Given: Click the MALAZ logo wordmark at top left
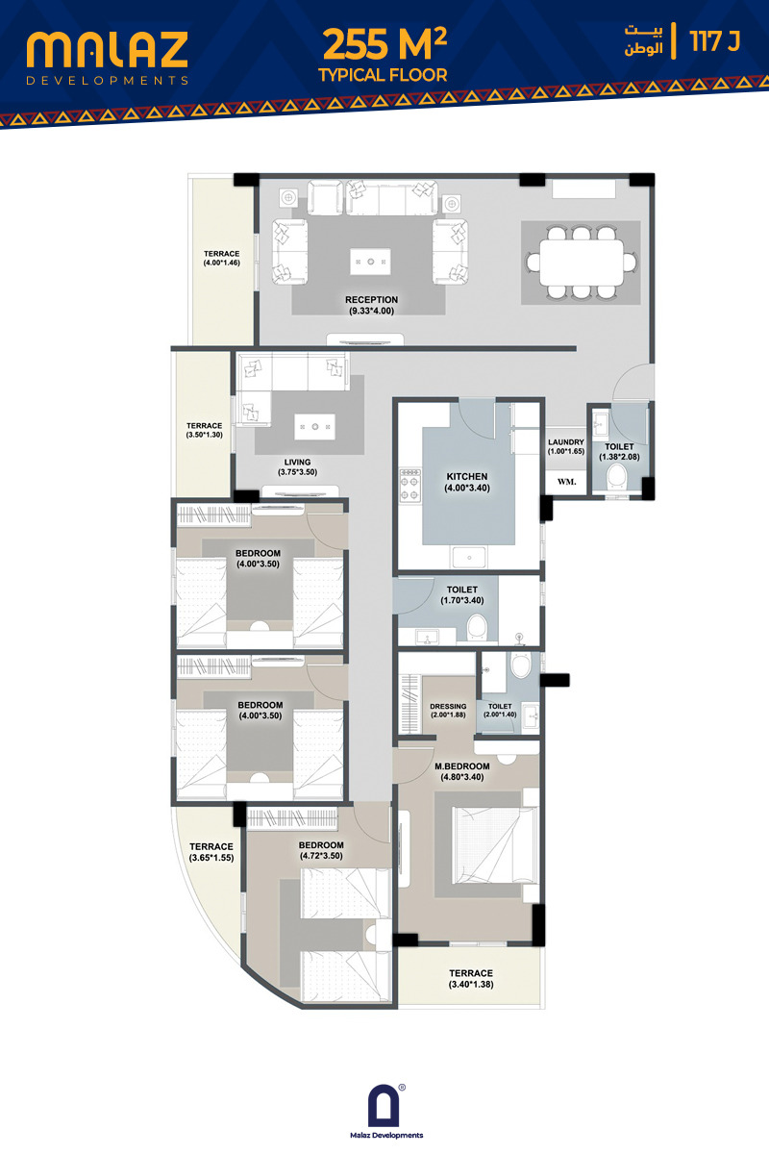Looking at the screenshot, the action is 107,50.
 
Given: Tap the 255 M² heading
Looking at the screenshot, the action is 384,44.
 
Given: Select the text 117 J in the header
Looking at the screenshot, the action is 715,41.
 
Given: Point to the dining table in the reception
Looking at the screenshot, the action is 581,262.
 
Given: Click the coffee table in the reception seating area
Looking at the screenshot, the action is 370,262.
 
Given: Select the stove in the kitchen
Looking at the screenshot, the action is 410,486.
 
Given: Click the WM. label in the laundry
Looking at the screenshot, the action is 566,482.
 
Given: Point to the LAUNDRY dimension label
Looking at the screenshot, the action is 566,446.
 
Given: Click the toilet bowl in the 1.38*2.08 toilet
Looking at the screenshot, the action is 616,476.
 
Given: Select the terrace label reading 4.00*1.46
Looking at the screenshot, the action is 221,258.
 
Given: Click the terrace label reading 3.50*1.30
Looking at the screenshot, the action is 205,430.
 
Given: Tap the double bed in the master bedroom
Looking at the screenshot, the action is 495,845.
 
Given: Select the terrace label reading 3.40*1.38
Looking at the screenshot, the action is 471,978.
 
